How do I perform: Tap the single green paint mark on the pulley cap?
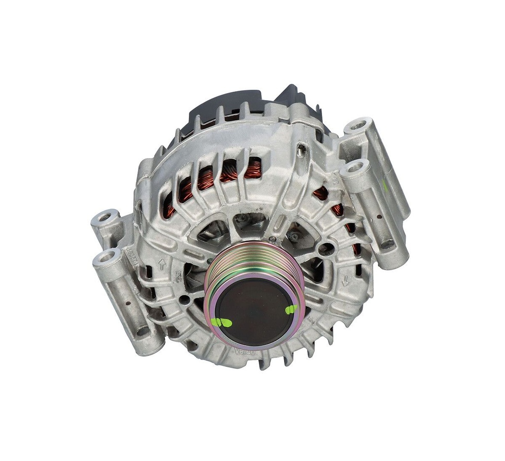(291, 309)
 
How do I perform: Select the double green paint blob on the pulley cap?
(221, 323)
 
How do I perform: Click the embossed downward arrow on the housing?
(345, 280)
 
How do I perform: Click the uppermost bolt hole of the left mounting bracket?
(105, 217)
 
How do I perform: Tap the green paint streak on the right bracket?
(384, 186)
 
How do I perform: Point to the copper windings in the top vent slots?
(232, 173)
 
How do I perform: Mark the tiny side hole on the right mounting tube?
(378, 216)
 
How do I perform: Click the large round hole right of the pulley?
(325, 249)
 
